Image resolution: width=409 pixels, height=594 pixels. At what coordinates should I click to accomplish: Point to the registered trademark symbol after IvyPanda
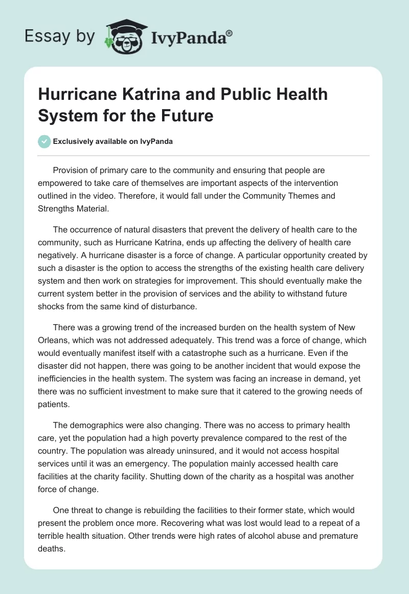point(230,32)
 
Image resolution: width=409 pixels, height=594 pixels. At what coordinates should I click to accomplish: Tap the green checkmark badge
point(44,141)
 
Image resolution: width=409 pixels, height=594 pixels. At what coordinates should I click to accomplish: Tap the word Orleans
point(53,341)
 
